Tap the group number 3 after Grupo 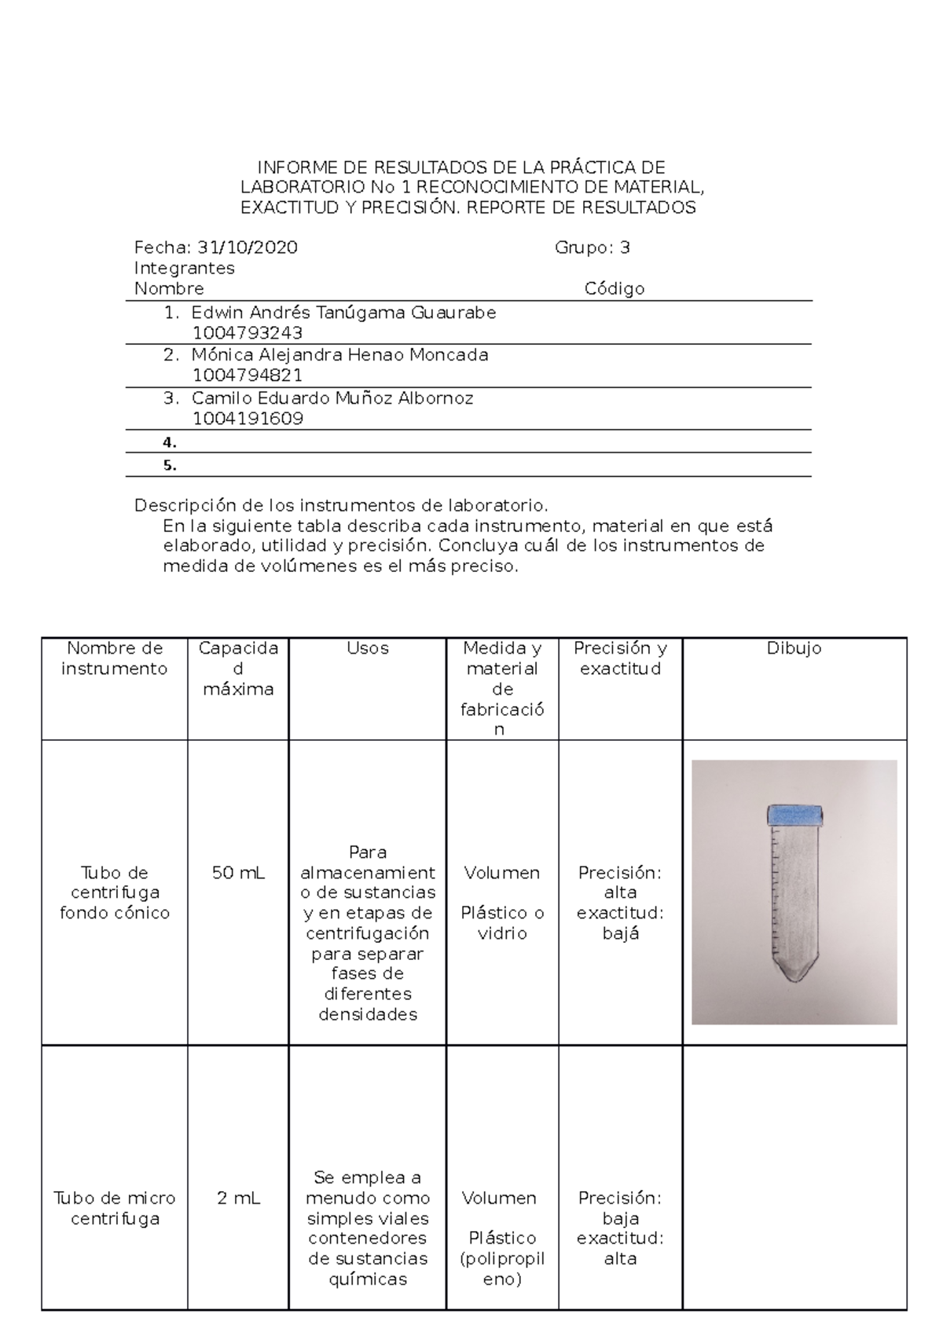(625, 248)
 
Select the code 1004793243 (247, 333)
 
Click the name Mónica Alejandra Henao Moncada (339, 355)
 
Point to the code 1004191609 (248, 419)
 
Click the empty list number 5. (170, 465)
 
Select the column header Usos (367, 649)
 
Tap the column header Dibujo (794, 649)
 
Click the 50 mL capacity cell (238, 873)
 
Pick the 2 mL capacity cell (238, 1198)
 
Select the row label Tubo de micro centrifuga (115, 1208)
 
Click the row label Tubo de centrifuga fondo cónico (115, 892)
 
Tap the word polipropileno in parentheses (502, 1269)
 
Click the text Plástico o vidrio (502, 923)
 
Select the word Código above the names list (614, 289)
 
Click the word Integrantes (184, 269)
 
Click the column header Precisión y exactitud (620, 658)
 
